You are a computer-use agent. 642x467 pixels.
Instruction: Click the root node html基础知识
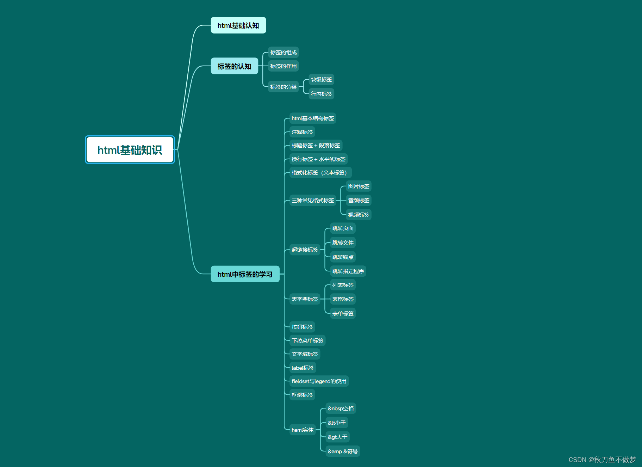pos(130,150)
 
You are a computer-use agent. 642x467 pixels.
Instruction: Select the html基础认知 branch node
pos(238,25)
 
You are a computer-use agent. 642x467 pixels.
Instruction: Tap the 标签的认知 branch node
pos(234,66)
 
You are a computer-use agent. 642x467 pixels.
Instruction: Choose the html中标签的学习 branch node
pos(245,274)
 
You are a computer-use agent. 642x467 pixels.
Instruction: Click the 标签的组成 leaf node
pos(283,53)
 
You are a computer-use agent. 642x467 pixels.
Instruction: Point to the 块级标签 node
pos(321,80)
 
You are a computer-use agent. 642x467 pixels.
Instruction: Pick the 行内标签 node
pos(321,94)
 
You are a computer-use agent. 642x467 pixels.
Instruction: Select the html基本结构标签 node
pos(312,118)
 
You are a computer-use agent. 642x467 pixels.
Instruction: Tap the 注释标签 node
pos(302,132)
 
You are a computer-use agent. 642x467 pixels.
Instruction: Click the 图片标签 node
pos(359,186)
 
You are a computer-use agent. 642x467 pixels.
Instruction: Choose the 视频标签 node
pos(359,215)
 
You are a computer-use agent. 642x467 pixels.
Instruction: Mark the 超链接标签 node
pos(305,250)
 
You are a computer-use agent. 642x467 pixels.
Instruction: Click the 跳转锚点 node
pos(343,257)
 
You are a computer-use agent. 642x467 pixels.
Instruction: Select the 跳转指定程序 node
pos(348,271)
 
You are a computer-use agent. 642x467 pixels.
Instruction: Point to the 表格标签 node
pos(343,299)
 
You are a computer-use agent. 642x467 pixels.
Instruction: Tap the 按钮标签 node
pos(302,327)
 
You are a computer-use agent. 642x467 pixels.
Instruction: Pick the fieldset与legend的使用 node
pos(319,381)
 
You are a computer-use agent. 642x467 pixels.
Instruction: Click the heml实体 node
pos(302,430)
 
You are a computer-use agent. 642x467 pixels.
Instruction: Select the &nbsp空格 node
pos(341,408)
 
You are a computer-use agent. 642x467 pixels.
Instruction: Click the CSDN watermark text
pos(602,460)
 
